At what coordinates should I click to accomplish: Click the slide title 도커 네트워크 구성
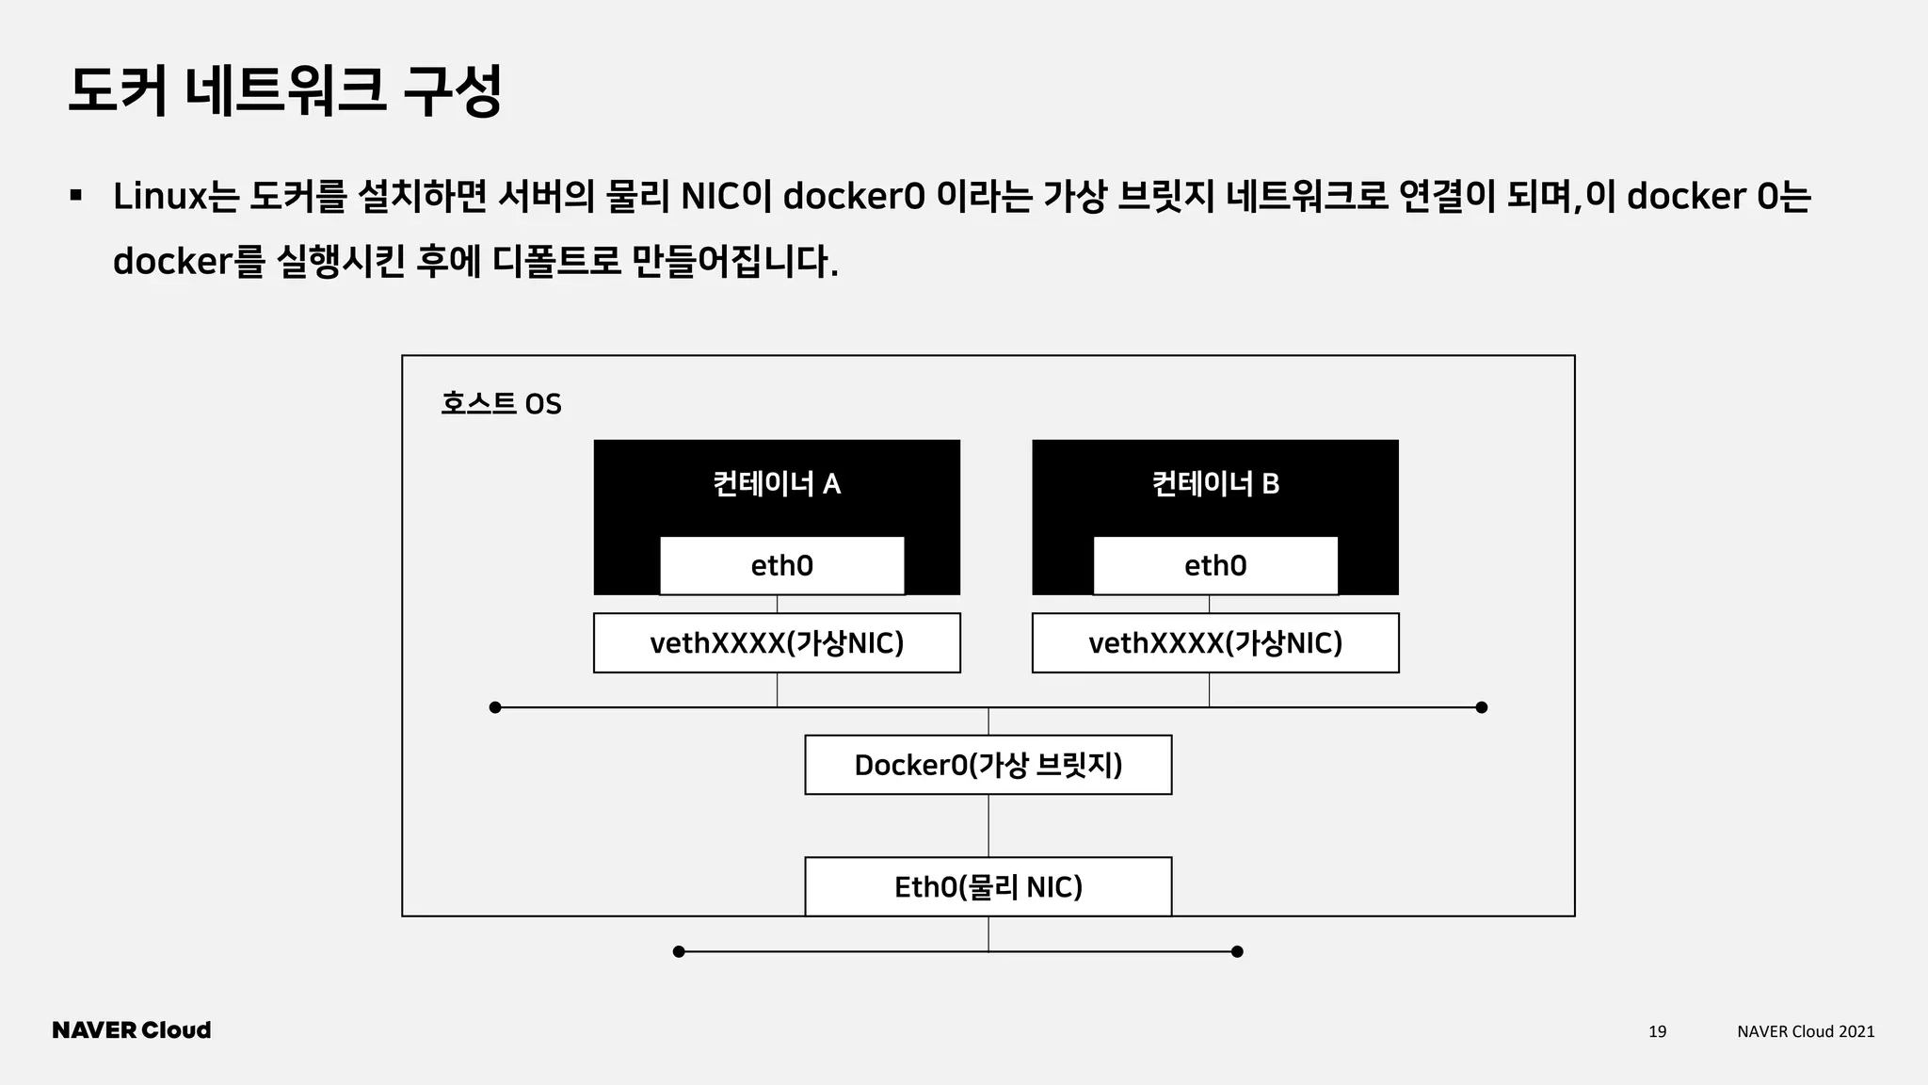(284, 91)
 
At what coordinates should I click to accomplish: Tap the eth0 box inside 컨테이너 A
(781, 565)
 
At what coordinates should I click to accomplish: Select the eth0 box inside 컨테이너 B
(1214, 565)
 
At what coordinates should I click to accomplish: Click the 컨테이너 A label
(777, 484)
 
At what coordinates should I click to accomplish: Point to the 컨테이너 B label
(1215, 484)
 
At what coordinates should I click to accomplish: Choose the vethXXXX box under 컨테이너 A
(777, 643)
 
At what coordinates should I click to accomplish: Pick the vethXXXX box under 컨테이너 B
(1215, 643)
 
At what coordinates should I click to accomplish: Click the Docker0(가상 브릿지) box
(988, 765)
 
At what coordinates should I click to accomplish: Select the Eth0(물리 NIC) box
(988, 886)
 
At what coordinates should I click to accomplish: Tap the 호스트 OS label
(501, 404)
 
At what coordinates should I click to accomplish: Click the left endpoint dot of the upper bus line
(495, 707)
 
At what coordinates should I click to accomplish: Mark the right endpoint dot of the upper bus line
(1481, 707)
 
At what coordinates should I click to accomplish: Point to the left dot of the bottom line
(679, 951)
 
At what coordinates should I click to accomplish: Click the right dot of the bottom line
(1237, 951)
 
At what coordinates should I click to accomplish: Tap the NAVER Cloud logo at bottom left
(132, 1030)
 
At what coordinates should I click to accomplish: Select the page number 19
(1657, 1031)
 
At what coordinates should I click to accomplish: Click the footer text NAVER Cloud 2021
(1806, 1031)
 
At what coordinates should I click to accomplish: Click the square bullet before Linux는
(75, 196)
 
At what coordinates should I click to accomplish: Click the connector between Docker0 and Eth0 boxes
(988, 826)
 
